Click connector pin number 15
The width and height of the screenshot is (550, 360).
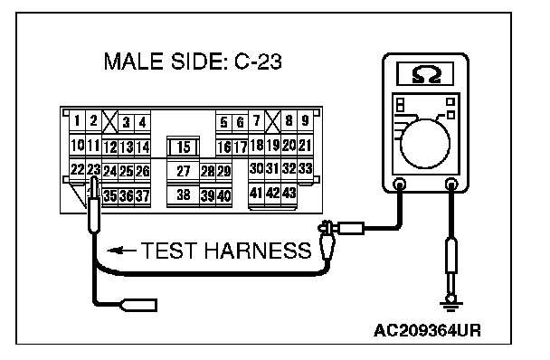coord(183,147)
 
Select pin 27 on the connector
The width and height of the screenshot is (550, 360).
coord(183,171)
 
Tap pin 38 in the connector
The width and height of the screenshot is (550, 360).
coord(183,194)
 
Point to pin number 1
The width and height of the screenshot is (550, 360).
coord(77,121)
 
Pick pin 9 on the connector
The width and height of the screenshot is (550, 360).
coord(305,120)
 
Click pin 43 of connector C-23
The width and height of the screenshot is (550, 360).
coord(289,193)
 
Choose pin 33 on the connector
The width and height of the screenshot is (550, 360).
coord(305,169)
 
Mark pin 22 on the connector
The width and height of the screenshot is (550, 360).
coord(77,170)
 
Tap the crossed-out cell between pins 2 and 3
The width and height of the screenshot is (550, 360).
coord(109,121)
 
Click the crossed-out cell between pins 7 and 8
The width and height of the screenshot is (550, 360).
coord(273,121)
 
